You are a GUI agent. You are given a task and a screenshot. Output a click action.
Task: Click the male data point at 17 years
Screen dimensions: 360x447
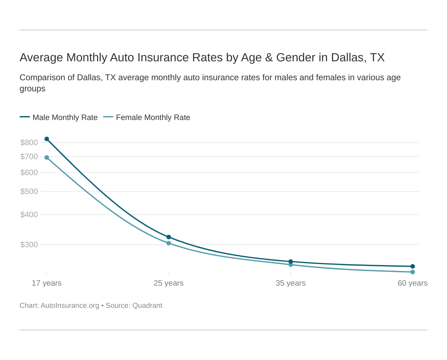[x=47, y=139]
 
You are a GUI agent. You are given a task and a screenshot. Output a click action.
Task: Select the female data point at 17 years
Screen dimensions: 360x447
[x=47, y=157]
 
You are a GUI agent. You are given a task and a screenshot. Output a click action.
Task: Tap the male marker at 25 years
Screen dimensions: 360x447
[x=169, y=237]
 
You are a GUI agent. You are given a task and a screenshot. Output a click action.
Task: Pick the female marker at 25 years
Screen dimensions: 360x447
[x=169, y=243]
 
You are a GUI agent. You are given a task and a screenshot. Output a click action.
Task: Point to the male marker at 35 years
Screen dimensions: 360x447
[x=291, y=262]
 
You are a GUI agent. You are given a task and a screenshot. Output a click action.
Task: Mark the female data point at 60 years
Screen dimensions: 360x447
[x=412, y=272]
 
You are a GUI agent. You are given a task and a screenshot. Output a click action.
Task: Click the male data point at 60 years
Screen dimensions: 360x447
[x=412, y=266]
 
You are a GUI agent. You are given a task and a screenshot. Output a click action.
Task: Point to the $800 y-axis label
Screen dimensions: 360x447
[x=29, y=142]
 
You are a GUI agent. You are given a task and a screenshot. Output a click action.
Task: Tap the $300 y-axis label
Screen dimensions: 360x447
[x=29, y=245]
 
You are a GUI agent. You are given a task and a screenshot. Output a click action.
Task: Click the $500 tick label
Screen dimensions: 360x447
[x=29, y=191]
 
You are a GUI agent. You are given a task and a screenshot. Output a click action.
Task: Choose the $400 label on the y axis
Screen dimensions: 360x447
[x=29, y=215]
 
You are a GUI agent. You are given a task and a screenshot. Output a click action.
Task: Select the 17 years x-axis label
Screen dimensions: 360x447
[x=47, y=283]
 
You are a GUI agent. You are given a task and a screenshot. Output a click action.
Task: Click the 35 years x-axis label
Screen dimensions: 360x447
[x=291, y=283]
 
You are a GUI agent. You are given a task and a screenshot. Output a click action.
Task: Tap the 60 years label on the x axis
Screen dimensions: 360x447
[x=412, y=283]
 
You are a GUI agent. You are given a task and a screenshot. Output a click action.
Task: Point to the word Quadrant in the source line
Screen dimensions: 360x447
[x=147, y=306]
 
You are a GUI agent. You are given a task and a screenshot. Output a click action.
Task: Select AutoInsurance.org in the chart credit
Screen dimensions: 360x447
[x=70, y=306]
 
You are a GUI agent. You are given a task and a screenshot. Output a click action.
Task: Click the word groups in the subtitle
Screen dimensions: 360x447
[x=32, y=89]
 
